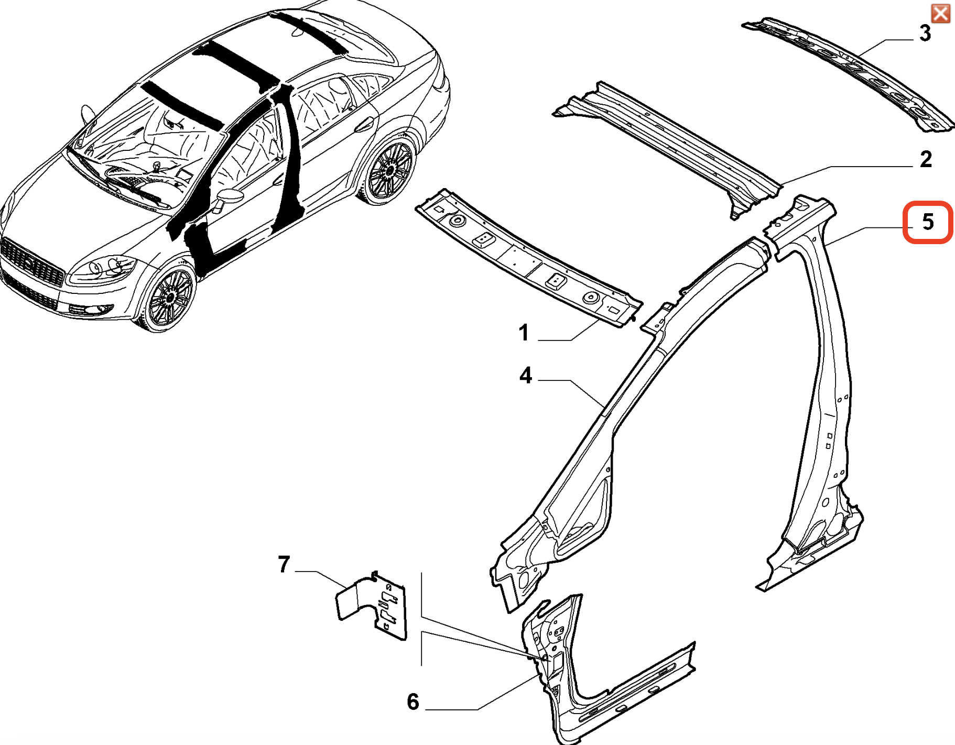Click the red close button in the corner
(x=940, y=13)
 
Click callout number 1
(x=523, y=333)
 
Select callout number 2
(x=926, y=159)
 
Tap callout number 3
(x=926, y=33)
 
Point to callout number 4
(x=526, y=375)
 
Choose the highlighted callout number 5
(x=928, y=222)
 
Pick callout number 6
(x=413, y=702)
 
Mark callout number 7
(x=284, y=564)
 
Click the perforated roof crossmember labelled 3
(x=849, y=75)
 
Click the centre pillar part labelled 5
(x=809, y=393)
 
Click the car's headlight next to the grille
(x=105, y=268)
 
